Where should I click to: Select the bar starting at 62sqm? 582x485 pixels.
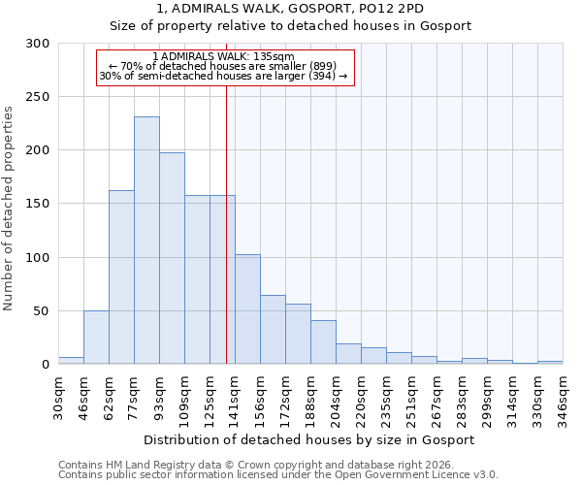pos(121,276)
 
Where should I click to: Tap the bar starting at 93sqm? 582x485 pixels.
pos(172,258)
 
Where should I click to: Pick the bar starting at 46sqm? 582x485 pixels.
pos(96,338)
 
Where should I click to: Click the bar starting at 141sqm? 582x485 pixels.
pos(247,309)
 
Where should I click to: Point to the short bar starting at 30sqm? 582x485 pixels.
pos(71,361)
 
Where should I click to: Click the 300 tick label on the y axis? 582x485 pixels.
pos(38,44)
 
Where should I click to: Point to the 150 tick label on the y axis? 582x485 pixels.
pos(38,205)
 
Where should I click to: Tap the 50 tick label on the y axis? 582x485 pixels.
pos(42,311)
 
